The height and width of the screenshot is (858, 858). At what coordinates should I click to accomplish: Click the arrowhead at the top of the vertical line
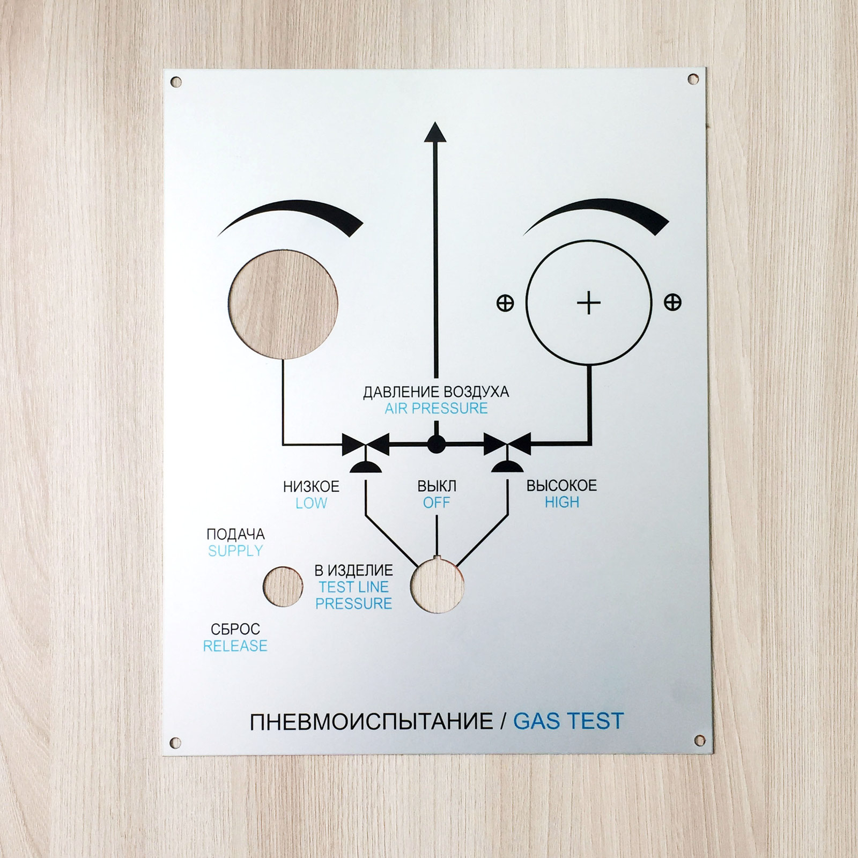(435, 132)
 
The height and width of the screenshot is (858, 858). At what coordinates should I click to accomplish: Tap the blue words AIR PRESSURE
(436, 409)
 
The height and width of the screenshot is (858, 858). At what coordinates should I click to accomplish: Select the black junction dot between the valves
(436, 444)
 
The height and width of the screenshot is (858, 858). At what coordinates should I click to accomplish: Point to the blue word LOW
(311, 503)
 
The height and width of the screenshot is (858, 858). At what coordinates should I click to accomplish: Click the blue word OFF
(437, 502)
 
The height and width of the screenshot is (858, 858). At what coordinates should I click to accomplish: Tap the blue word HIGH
(562, 502)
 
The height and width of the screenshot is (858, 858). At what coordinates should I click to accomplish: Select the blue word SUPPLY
(235, 551)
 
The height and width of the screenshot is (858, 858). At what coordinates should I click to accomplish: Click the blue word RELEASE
(235, 646)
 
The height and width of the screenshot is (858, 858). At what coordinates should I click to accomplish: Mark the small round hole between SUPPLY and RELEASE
(283, 587)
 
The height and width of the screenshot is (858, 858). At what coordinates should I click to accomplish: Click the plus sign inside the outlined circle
(589, 303)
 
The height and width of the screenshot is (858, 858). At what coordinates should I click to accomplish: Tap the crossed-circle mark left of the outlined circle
(505, 303)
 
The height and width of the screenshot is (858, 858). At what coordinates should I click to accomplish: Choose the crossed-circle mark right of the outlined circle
(672, 302)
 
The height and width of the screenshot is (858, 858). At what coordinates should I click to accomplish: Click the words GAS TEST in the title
(568, 721)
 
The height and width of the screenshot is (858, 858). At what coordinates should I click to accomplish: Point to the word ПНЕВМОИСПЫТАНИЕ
(371, 722)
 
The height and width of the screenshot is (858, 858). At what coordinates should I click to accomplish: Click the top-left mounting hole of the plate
(176, 82)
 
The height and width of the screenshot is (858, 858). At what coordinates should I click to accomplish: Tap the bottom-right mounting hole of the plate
(700, 740)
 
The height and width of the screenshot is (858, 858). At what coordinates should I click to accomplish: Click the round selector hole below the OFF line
(437, 586)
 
